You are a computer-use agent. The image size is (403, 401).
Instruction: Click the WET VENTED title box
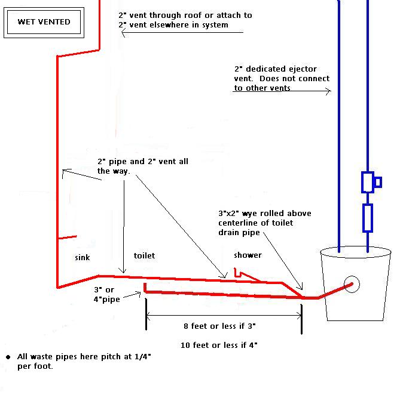pyautogui.click(x=44, y=22)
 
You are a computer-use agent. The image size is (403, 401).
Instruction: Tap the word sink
pyautogui.click(x=83, y=257)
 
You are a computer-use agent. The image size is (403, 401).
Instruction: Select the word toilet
pyautogui.click(x=144, y=255)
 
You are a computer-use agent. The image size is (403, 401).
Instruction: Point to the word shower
pyautogui.click(x=248, y=255)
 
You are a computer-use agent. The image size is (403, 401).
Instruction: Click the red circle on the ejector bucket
pyautogui.click(x=350, y=284)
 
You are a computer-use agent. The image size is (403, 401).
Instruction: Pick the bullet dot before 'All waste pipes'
pyautogui.click(x=8, y=357)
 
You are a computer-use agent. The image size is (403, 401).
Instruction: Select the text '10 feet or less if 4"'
pyautogui.click(x=219, y=345)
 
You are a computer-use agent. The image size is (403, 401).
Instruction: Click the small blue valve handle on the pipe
pyautogui.click(x=378, y=182)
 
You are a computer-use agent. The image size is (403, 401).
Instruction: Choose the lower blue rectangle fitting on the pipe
pyautogui.click(x=367, y=217)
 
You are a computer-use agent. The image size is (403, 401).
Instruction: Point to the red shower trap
pyautogui.click(x=240, y=274)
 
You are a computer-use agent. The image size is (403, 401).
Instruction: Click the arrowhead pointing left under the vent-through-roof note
pyautogui.click(x=124, y=33)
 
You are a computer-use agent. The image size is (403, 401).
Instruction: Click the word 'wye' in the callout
pyautogui.click(x=251, y=213)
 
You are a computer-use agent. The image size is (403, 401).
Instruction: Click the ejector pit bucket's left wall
pyautogui.click(x=325, y=283)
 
